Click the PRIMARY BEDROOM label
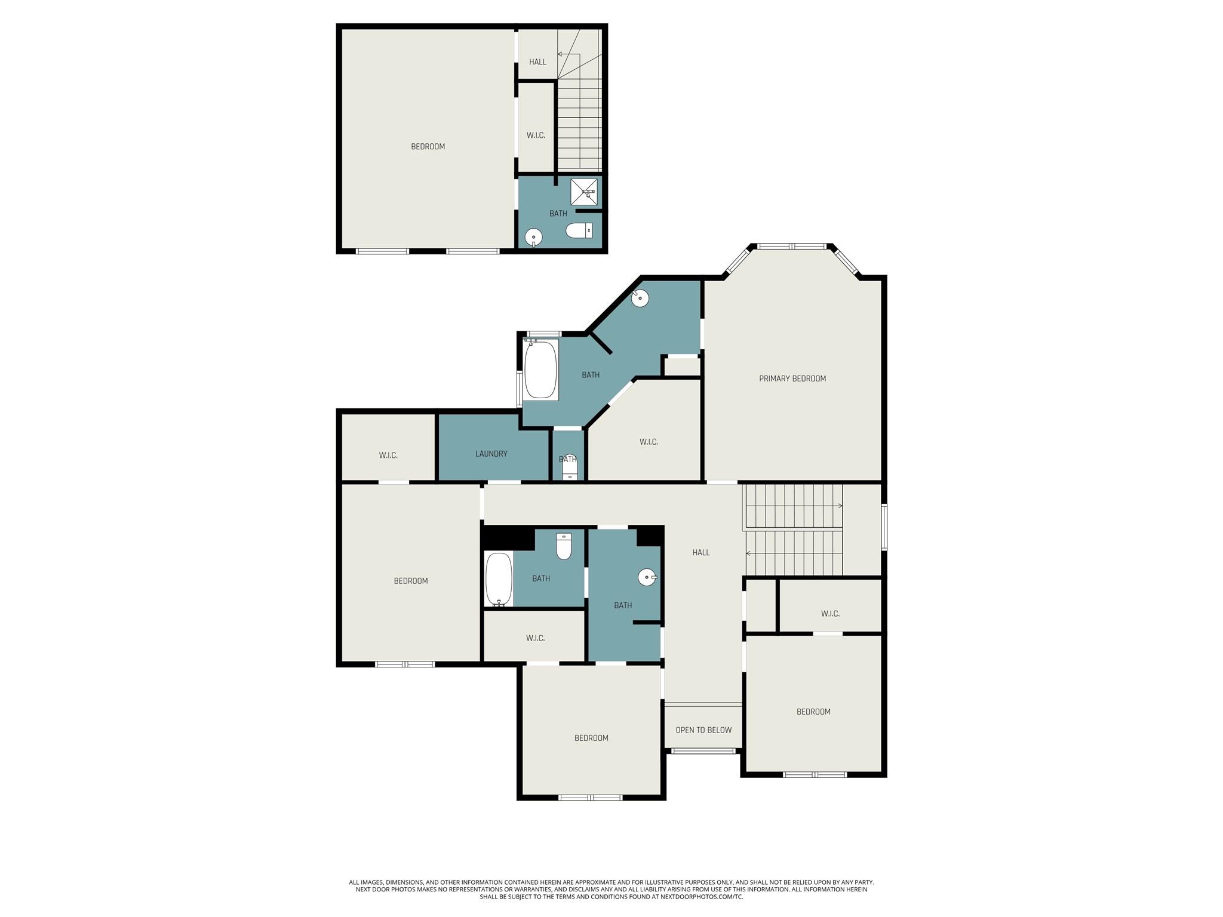point(792,379)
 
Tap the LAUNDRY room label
point(491,454)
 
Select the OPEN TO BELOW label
point(703,730)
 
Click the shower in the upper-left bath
point(584,192)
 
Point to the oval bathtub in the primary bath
point(540,370)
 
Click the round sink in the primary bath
point(640,297)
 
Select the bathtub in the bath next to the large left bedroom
point(499,579)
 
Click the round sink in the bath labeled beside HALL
point(647,577)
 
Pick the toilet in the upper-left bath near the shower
point(579,230)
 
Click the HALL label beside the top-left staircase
point(537,62)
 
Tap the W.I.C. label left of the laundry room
point(388,456)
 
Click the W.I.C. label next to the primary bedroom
point(649,442)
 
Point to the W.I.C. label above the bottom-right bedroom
point(830,614)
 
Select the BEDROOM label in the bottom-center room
point(591,738)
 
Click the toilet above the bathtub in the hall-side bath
point(564,546)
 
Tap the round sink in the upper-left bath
point(533,238)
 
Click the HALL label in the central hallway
point(701,553)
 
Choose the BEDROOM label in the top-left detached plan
point(428,147)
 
